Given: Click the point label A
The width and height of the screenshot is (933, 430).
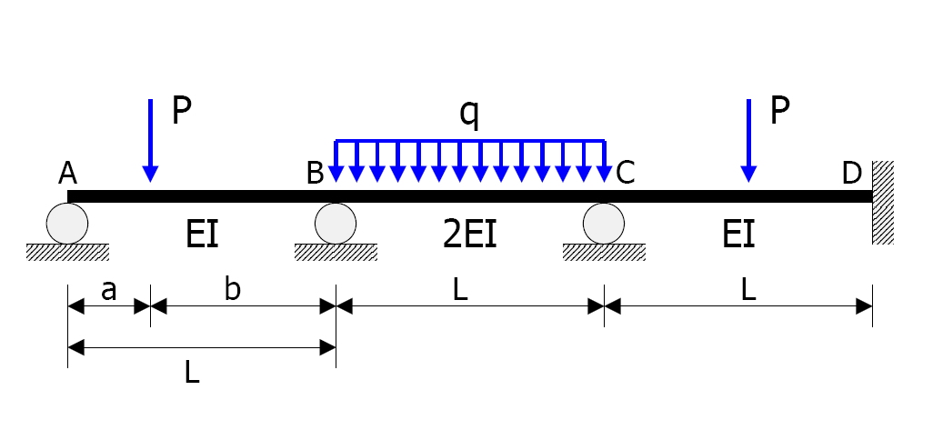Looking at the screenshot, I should point(67,173).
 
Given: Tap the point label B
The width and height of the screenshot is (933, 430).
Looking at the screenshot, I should point(315,173).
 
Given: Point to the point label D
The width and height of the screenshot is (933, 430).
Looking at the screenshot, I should point(851,173).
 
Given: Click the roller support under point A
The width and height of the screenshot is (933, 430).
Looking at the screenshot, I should point(67,223).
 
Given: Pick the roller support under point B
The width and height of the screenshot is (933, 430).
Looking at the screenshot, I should point(336,223).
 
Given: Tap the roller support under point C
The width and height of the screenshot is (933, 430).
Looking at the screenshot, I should point(604,223).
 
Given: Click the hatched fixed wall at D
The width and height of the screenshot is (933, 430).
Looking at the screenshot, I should point(883,202).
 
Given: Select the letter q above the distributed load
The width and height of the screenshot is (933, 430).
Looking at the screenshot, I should point(468,115).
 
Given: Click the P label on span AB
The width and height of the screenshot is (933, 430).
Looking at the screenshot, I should point(182,111).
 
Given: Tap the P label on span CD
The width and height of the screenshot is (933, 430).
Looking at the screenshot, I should point(780,111).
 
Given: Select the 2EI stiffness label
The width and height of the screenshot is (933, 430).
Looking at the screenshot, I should point(468,235).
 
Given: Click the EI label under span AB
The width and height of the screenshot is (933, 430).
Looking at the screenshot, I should point(202,235).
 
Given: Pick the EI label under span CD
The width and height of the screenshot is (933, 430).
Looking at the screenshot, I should point(737,235).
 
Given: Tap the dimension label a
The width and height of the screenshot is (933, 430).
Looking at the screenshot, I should point(109,290).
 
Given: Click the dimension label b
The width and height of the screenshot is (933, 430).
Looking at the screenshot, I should point(234,289).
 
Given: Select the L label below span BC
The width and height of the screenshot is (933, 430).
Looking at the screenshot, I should point(469,290).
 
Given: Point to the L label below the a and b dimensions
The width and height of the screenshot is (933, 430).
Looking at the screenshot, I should point(192,373).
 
